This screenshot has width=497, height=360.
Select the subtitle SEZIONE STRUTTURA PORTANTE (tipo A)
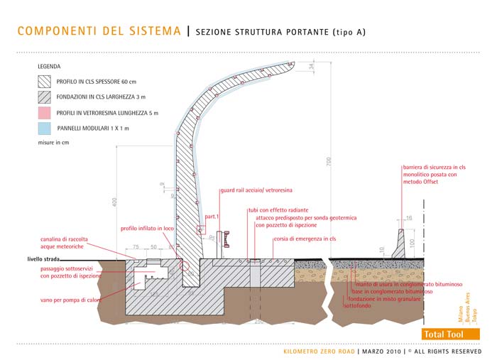(x=280, y=32)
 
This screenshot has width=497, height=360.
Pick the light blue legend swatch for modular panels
(x=44, y=129)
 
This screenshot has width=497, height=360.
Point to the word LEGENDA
(x=49, y=66)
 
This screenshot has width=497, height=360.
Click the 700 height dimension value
(x=329, y=162)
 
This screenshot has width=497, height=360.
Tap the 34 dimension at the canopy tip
(x=311, y=66)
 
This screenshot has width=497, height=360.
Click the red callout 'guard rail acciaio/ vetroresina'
(x=256, y=191)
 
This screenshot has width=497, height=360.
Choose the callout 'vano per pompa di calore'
(x=70, y=300)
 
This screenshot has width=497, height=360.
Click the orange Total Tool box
(x=442, y=334)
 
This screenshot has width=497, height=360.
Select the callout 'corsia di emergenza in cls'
(x=305, y=239)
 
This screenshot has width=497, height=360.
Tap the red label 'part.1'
(x=212, y=216)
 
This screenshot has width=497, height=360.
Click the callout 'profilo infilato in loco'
(x=147, y=229)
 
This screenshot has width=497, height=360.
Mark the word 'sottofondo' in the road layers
(x=358, y=306)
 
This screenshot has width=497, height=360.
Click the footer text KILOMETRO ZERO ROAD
(x=319, y=351)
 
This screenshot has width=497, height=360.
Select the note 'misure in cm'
(x=55, y=143)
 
